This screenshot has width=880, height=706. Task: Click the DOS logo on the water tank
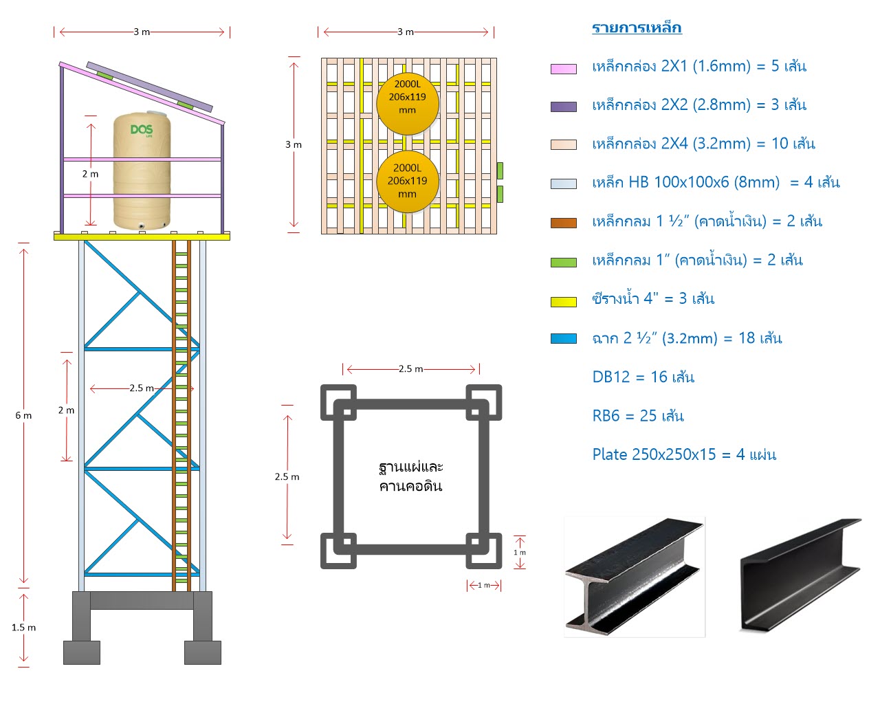tap(142, 130)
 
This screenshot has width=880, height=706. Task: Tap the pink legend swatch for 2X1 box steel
tap(563, 69)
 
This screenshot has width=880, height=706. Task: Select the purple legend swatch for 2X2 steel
tap(563, 107)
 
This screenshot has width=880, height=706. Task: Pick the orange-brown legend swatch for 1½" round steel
tap(563, 223)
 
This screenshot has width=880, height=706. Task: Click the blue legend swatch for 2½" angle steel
tap(563, 339)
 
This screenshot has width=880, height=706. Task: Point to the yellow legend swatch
tap(563, 302)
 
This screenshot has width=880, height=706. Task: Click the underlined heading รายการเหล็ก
tap(637, 27)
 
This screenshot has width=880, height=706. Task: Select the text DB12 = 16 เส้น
tap(643, 377)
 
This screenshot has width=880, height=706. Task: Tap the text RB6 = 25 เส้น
tap(637, 416)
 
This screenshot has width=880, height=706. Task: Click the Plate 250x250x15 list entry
tap(683, 454)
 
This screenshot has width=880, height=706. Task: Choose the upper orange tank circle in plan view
tap(407, 104)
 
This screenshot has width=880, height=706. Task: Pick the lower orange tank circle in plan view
tap(407, 181)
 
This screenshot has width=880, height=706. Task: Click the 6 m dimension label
tap(23, 416)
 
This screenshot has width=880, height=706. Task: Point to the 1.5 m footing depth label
tap(23, 628)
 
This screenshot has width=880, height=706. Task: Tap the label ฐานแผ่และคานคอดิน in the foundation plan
tap(410, 476)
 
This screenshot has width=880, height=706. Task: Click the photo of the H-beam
tap(635, 577)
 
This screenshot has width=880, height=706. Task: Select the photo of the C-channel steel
tap(801, 575)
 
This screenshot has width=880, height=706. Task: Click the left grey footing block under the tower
tap(81, 652)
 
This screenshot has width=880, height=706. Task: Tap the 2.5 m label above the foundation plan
tap(410, 369)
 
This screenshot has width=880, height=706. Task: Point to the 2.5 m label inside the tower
tap(142, 388)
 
